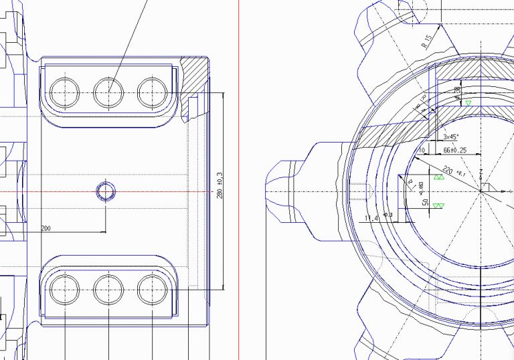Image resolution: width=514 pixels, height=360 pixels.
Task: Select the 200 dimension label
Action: tap(46, 228)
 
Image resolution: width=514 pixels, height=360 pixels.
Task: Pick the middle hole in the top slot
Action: tap(108, 92)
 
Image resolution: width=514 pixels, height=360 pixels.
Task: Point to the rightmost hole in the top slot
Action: tap(152, 92)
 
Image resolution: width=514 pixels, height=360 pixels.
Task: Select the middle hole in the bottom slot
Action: tap(108, 290)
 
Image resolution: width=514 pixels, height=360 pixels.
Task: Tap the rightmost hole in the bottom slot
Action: tap(152, 290)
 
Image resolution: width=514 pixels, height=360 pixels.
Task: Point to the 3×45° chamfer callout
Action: tap(451, 137)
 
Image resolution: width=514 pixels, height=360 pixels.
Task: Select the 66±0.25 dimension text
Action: tap(455, 151)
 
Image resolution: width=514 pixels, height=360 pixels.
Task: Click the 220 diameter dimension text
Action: tap(448, 170)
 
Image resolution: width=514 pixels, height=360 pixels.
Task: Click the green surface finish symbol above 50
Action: tap(439, 177)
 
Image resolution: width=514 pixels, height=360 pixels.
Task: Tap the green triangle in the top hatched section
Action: tap(468, 102)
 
